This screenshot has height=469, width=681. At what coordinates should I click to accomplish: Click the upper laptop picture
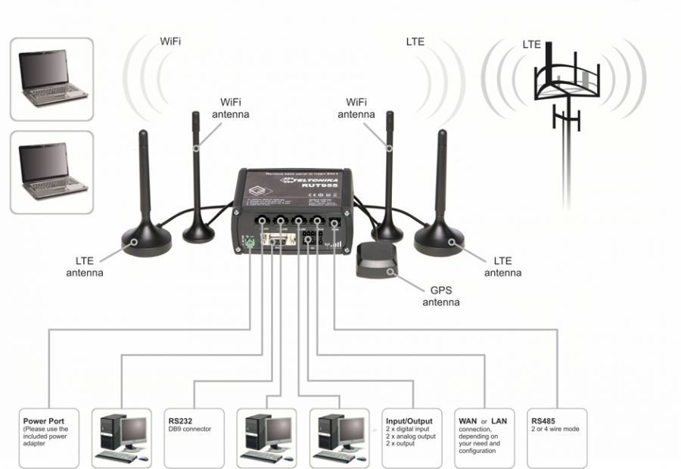click(x=52, y=79)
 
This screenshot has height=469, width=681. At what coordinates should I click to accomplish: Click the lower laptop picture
click(x=52, y=172)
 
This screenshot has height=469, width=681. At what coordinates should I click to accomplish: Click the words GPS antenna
click(x=440, y=296)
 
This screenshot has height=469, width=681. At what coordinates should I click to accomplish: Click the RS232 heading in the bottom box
click(x=181, y=421)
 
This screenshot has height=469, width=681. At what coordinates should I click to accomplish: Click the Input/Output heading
click(x=409, y=421)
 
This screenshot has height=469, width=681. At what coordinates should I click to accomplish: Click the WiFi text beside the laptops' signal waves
click(x=171, y=41)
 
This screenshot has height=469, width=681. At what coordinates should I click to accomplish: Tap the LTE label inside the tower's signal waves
click(x=532, y=45)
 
